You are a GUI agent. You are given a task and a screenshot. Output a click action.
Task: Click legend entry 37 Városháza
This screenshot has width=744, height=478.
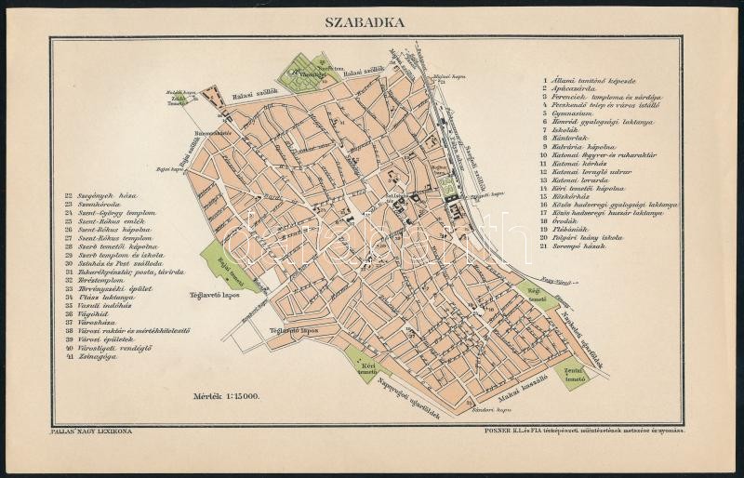pos(105,324)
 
